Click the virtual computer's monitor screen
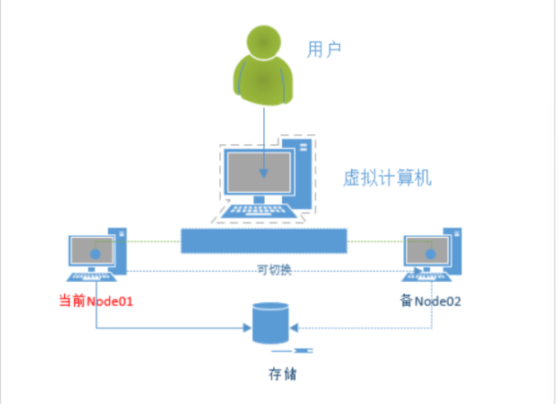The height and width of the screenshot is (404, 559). [x=259, y=173]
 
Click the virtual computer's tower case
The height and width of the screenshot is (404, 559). [x=302, y=170]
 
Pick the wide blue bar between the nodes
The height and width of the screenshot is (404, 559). [x=264, y=241]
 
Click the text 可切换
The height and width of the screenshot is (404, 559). [x=275, y=270]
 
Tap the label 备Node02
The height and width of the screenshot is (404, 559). [x=431, y=301]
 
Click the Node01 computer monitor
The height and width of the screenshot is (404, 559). [x=92, y=250]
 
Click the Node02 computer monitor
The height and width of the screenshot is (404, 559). [x=426, y=250]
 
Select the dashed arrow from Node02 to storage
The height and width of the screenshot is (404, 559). [x=367, y=328]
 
